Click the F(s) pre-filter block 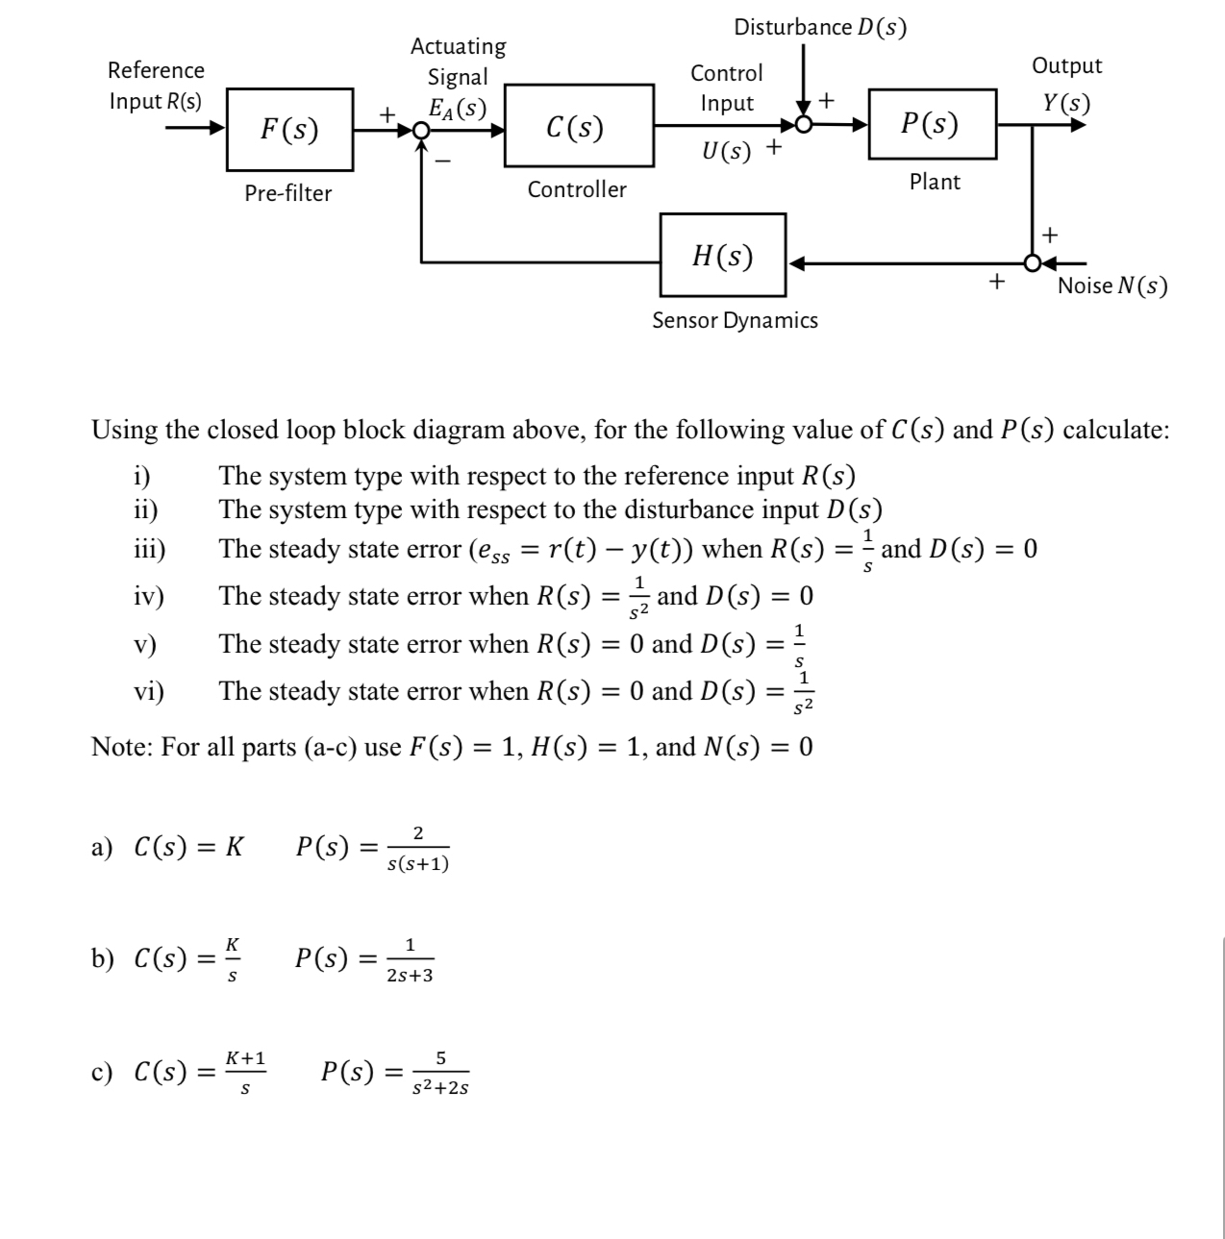(289, 130)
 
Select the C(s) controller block (575, 127)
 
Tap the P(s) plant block (931, 124)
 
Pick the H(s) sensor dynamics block (723, 256)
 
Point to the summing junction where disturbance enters (805, 125)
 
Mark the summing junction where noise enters (1032, 261)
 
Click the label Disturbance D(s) (820, 27)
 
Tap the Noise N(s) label (1112, 285)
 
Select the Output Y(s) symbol (1066, 102)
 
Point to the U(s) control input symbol (726, 152)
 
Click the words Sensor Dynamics (735, 320)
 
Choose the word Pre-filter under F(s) (287, 193)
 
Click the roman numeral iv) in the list (148, 597)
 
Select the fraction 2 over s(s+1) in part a (417, 848)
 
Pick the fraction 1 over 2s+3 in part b (410, 960)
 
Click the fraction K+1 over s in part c (245, 1073)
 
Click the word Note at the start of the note (122, 747)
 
